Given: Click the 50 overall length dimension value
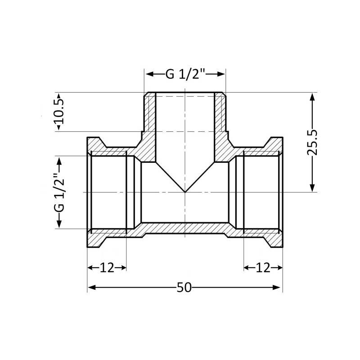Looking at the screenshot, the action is click(184, 287).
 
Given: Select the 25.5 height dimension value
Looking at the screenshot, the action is click(312, 143).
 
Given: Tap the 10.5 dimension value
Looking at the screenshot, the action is click(59, 112).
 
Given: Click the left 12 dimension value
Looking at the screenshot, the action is click(107, 267).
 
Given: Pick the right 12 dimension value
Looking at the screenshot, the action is click(263, 267).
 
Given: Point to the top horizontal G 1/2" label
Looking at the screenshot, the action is click(185, 74).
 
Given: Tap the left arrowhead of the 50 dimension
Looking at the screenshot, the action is click(92, 287).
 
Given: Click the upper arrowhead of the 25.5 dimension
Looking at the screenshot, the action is click(312, 97).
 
